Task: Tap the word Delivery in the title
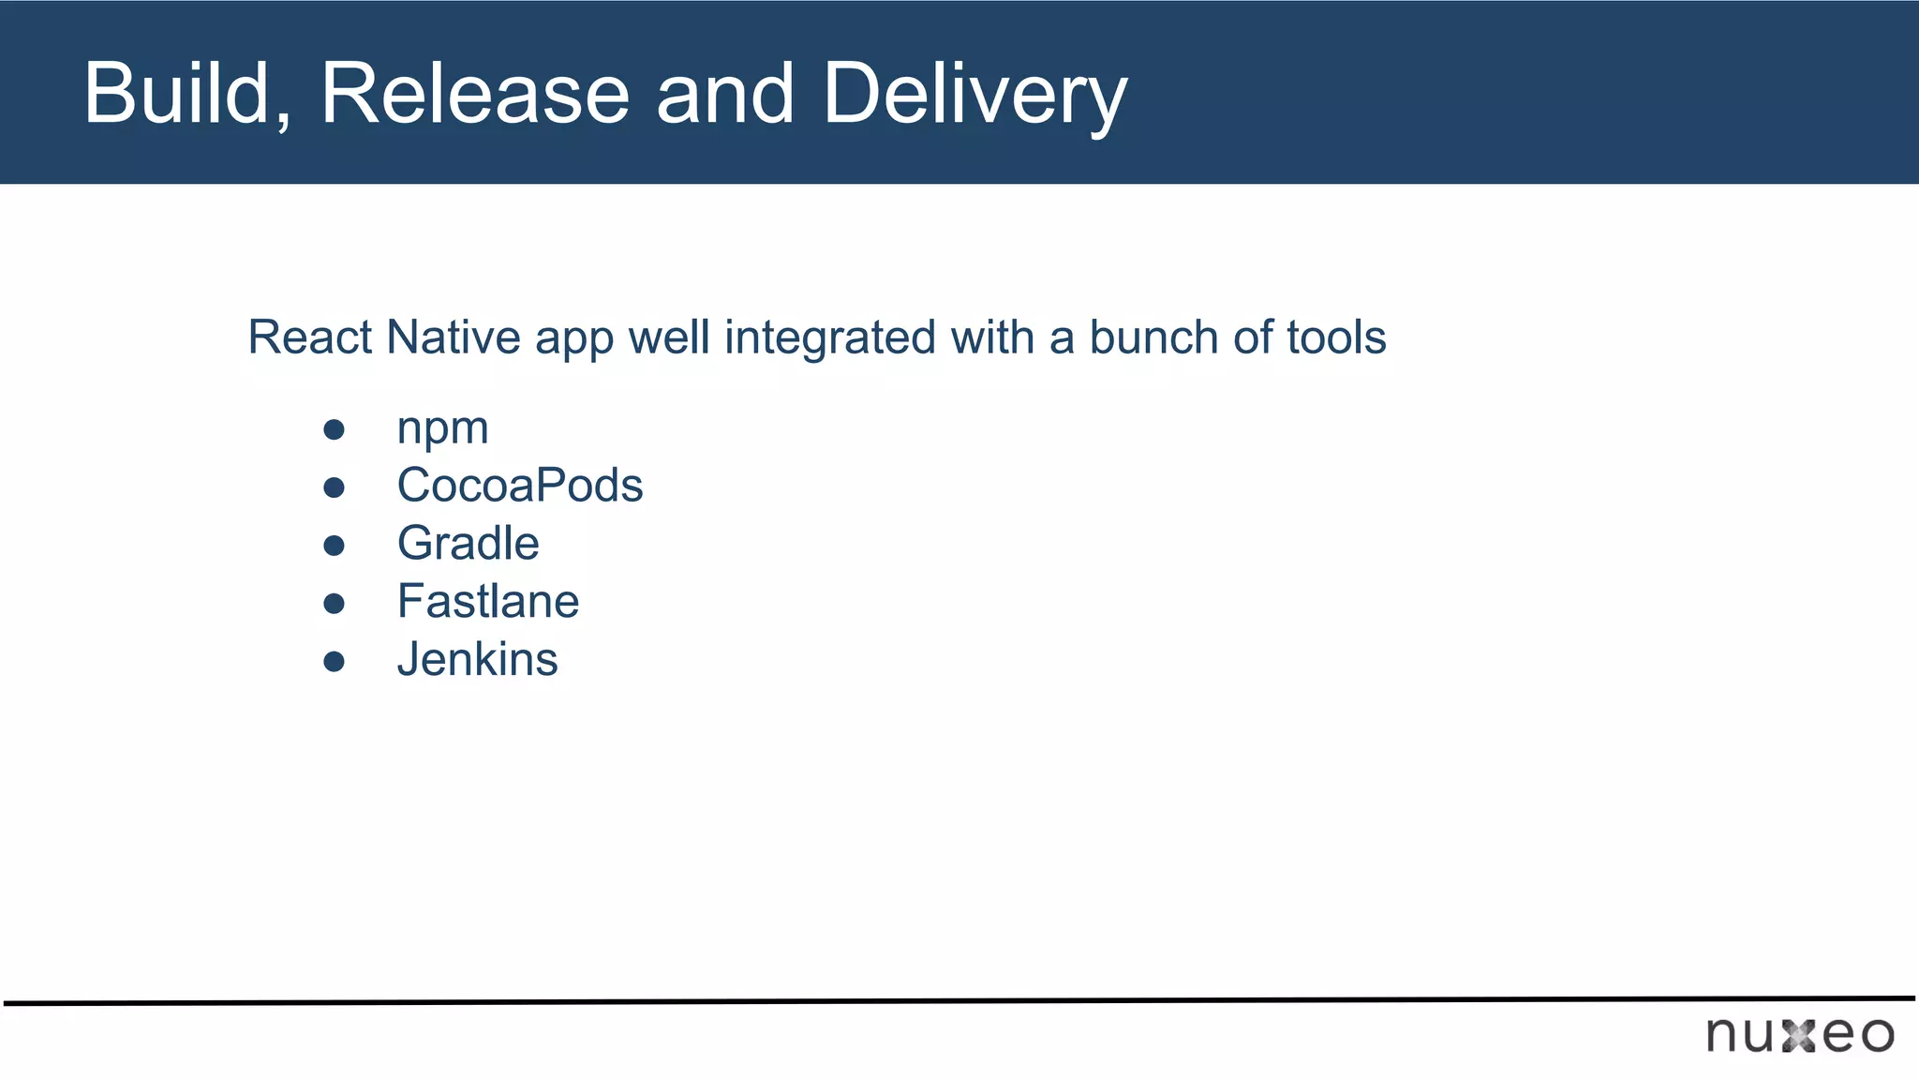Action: pyautogui.click(x=974, y=95)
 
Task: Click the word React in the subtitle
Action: pyautogui.click(x=310, y=337)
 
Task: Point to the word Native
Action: pyautogui.click(x=454, y=337)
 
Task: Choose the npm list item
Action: pyautogui.click(x=442, y=429)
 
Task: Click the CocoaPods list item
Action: pyautogui.click(x=520, y=486)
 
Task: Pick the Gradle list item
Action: pyautogui.click(x=469, y=544)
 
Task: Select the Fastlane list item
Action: pyautogui.click(x=488, y=602)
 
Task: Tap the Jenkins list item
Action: pyautogui.click(x=478, y=660)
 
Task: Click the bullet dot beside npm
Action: pyautogui.click(x=335, y=430)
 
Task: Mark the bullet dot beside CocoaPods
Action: pyautogui.click(x=335, y=487)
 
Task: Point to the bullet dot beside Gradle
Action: pyautogui.click(x=335, y=546)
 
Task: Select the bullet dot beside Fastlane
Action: pyautogui.click(x=335, y=604)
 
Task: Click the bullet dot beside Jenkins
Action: pyautogui.click(x=335, y=662)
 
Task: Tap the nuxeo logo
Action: pyautogui.click(x=1800, y=1035)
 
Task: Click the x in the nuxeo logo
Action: pyautogui.click(x=1799, y=1036)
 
